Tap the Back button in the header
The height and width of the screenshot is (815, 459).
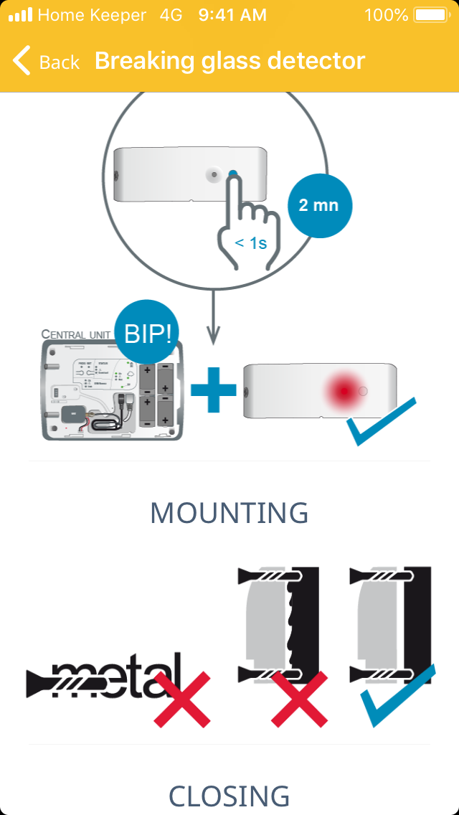click(x=46, y=62)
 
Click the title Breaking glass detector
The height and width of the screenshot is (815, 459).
click(x=229, y=61)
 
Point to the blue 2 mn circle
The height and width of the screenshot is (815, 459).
click(x=318, y=205)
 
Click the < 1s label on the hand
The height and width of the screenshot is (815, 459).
click(x=250, y=243)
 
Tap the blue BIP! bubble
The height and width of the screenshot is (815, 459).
click(x=148, y=333)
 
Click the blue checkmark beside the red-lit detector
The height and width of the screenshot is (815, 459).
click(x=380, y=422)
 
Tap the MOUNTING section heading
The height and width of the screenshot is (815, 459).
click(x=229, y=513)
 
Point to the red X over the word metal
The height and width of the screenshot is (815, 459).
click(x=181, y=699)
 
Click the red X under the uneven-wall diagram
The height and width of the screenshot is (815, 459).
click(x=300, y=699)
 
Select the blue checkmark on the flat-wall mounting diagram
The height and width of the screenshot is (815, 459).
click(x=398, y=696)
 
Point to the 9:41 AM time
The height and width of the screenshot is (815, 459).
click(x=232, y=15)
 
